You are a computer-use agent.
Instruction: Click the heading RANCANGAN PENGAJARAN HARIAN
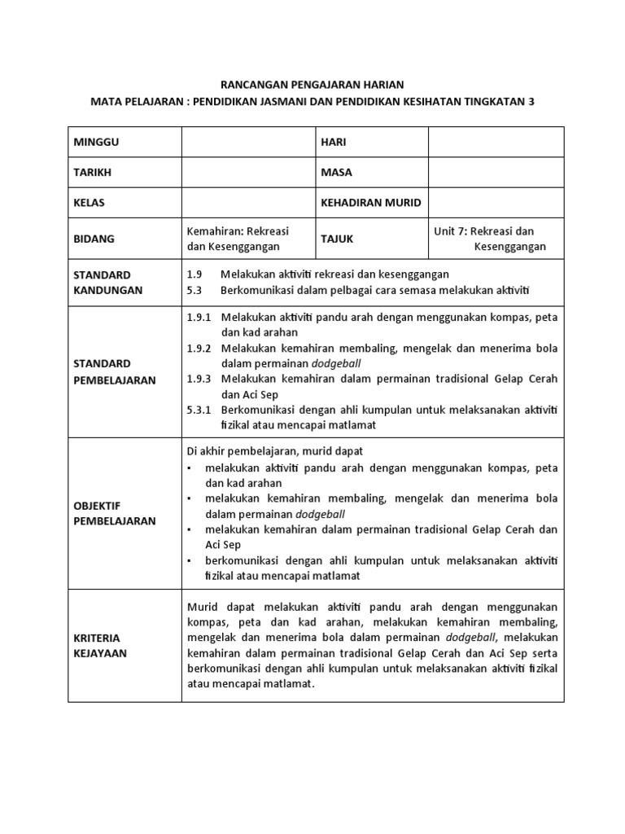pos(312,84)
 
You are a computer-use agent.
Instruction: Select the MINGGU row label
pos(97,142)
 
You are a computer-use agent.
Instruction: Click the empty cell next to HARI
pos(496,142)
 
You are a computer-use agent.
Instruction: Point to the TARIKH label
pos(93,172)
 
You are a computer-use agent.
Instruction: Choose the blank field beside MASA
pos(496,172)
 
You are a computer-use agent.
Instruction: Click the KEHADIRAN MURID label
pos(371,202)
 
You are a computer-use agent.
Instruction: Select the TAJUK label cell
pos(338,239)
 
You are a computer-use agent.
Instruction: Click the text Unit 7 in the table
pos(452,231)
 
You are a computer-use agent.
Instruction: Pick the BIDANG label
pos(94,239)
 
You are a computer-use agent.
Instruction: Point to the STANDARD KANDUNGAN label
pos(108,282)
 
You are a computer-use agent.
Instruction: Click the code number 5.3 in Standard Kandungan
pos(194,290)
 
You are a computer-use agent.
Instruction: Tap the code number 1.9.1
pos(199,317)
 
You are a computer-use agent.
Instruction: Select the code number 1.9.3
pos(199,379)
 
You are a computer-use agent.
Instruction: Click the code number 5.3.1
pos(199,410)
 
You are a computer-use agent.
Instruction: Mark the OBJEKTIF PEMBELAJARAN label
pos(113,513)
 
